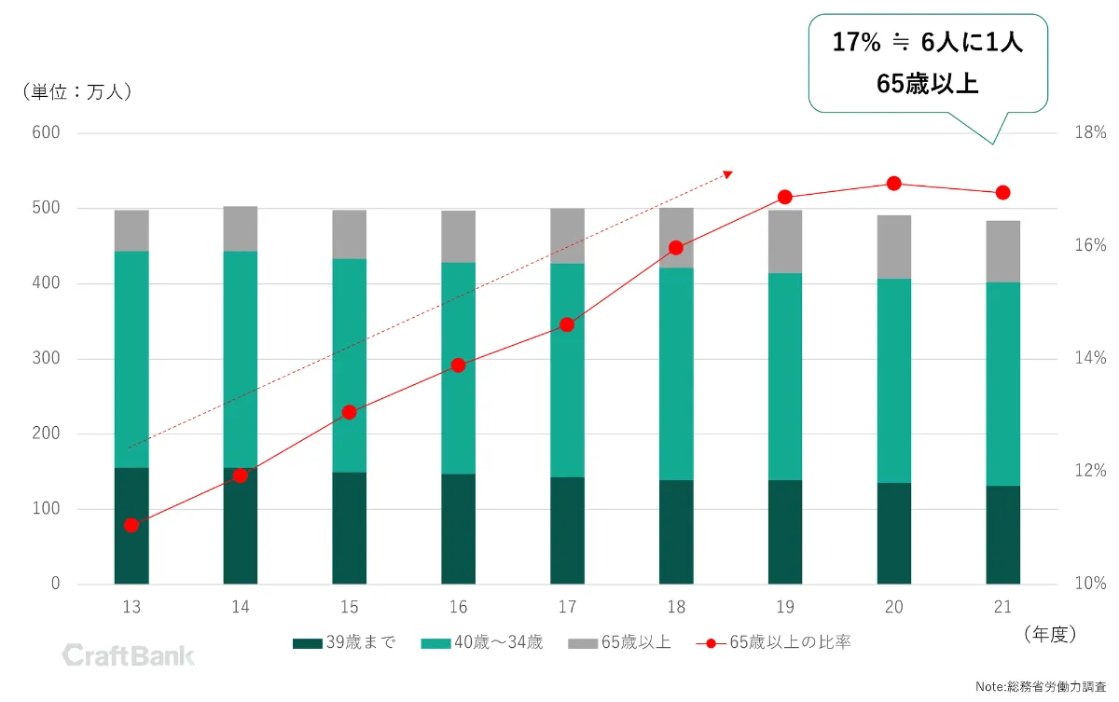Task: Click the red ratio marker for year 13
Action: pyautogui.click(x=131, y=525)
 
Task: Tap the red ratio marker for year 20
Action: pyautogui.click(x=893, y=184)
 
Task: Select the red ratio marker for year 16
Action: pyautogui.click(x=458, y=365)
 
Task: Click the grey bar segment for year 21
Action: pyautogui.click(x=1002, y=252)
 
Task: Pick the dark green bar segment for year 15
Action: pyautogui.click(x=349, y=528)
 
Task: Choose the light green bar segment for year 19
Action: pyautogui.click(x=784, y=377)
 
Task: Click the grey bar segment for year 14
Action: pyautogui.click(x=241, y=228)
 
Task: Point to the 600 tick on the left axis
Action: pyautogui.click(x=47, y=133)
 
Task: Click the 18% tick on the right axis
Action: pyautogui.click(x=1090, y=133)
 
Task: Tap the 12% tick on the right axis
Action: pyautogui.click(x=1090, y=472)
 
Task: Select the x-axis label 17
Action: pyautogui.click(x=567, y=608)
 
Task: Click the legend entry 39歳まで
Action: pyautogui.click(x=344, y=642)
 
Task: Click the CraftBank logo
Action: pyautogui.click(x=129, y=655)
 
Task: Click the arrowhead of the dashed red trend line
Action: pyautogui.click(x=728, y=174)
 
